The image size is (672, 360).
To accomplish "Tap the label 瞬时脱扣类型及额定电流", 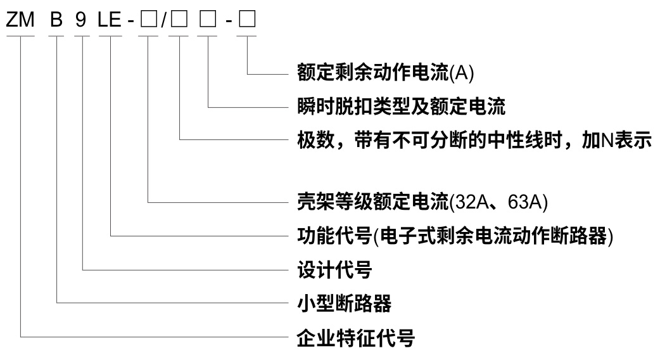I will pos(402,106).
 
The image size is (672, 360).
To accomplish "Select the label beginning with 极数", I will pos(474,138).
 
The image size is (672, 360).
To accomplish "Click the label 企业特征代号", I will pos(356,337).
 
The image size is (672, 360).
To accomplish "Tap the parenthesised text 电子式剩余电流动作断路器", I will pos(493,237).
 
